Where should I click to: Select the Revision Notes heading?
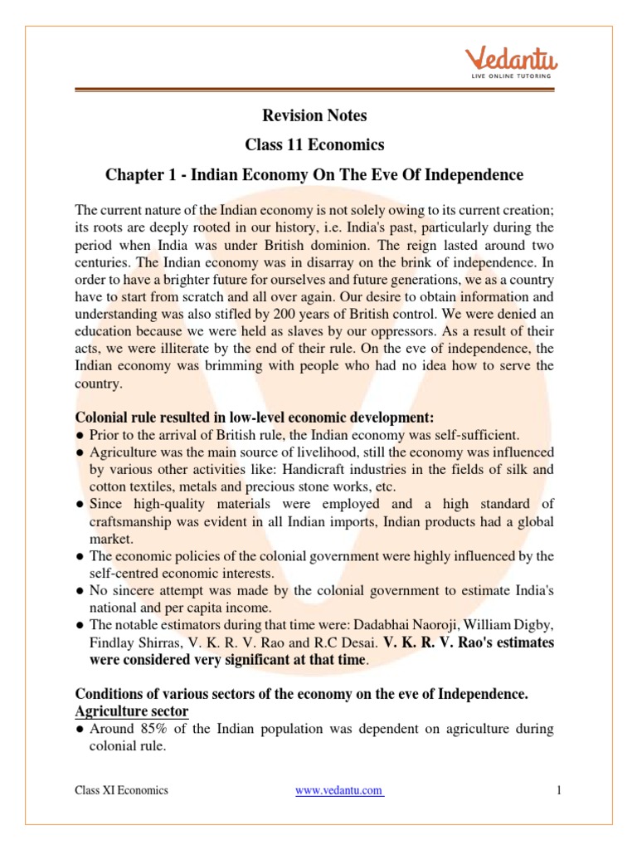tap(314, 115)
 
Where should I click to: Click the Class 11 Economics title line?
tap(314, 145)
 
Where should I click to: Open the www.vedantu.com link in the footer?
tap(339, 790)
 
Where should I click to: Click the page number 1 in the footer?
tap(559, 790)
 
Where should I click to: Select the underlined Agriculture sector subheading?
tap(132, 711)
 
